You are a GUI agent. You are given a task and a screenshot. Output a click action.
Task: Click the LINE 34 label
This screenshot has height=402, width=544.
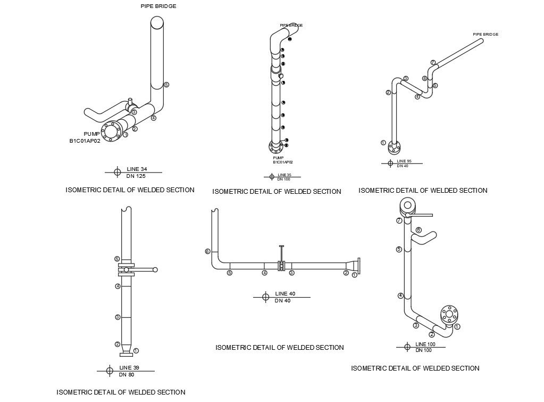coord(137,169)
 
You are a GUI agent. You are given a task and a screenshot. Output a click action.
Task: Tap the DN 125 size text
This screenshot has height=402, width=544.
coord(137,176)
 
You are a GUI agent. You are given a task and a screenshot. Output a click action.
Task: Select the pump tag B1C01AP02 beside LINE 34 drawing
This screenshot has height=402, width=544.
coord(85,141)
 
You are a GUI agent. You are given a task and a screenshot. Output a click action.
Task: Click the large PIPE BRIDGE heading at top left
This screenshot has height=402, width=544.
coord(158,6)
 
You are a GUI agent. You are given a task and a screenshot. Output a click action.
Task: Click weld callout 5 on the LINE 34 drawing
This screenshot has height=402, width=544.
coord(166,85)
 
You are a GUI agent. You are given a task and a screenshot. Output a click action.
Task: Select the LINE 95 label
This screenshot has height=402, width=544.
coord(404,161)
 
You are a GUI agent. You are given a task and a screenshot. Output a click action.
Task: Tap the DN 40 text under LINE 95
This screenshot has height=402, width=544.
coord(403,166)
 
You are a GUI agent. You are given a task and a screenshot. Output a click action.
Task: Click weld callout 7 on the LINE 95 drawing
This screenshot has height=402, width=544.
coord(433,62)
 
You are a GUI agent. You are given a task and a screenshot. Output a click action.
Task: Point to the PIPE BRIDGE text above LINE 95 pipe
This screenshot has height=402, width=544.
coord(486,35)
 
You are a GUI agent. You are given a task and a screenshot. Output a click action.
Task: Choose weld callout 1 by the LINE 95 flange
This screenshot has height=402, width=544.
coord(383,143)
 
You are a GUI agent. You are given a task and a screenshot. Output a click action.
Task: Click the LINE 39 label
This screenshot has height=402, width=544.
coord(129,368)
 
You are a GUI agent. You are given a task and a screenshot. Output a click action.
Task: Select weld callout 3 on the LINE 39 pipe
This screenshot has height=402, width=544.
coord(117,317)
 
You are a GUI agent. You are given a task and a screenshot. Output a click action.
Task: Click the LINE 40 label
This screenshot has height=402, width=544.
coord(284,294)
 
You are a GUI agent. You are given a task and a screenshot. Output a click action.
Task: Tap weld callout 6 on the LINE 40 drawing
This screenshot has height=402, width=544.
coord(207,251)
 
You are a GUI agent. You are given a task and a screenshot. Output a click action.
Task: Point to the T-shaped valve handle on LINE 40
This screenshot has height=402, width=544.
coord(282,247)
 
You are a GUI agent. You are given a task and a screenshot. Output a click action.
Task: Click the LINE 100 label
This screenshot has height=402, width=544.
coord(425,344)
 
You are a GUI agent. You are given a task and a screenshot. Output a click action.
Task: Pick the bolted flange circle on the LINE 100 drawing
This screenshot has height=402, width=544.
coord(449,314)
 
